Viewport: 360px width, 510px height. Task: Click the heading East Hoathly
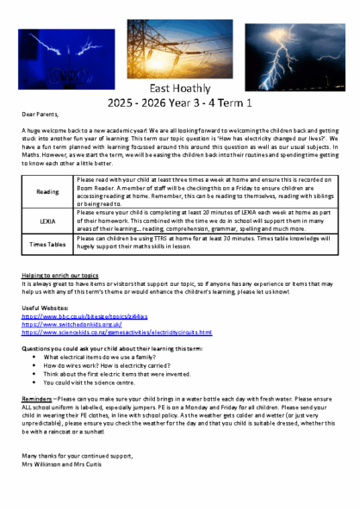click(179, 89)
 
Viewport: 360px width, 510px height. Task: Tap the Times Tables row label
click(48, 245)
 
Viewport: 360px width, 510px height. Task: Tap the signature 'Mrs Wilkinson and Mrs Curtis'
click(62, 463)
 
